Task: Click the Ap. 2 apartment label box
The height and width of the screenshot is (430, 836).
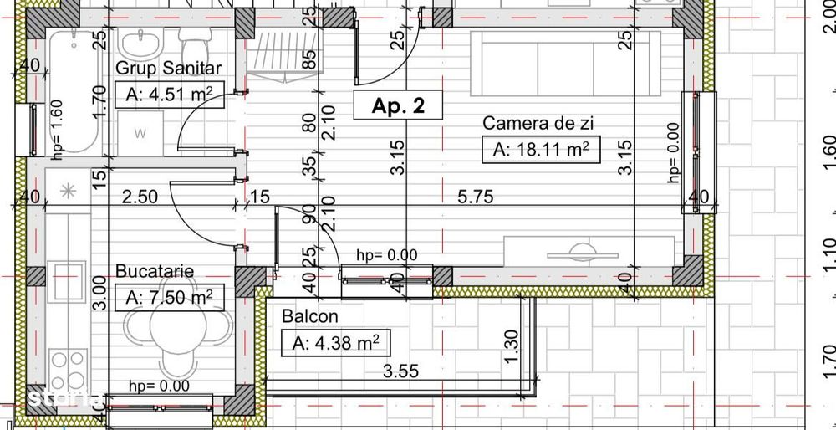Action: [397, 106]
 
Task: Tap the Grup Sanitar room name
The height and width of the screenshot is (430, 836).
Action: [169, 68]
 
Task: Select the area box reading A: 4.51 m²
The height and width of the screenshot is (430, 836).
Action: [169, 94]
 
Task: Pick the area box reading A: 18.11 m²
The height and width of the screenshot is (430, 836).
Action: [542, 150]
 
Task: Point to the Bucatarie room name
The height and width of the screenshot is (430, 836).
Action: [155, 271]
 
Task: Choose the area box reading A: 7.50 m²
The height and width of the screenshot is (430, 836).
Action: [169, 297]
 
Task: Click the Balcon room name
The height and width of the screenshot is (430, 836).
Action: [310, 316]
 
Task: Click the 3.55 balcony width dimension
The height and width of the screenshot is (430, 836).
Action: [401, 371]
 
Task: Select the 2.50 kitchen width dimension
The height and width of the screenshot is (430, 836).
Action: [140, 197]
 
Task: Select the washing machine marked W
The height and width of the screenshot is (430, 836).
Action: [140, 132]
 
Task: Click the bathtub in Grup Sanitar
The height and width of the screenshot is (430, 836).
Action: [70, 92]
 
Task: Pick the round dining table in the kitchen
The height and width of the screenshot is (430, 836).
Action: [176, 327]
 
